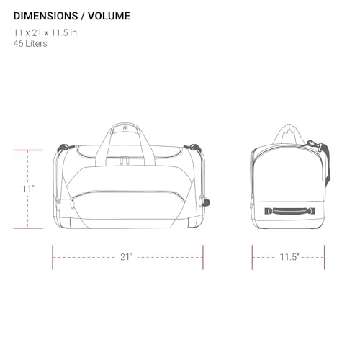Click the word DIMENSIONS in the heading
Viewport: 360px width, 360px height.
click(45, 16)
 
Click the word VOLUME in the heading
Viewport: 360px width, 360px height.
click(109, 16)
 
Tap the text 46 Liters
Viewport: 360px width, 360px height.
click(30, 44)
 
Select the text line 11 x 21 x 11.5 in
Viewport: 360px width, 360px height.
click(45, 32)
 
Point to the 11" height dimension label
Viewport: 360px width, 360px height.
click(28, 189)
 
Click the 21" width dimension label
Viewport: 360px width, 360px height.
click(127, 257)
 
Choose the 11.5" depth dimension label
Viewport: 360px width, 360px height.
click(289, 257)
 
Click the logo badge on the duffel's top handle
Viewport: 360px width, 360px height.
click(125, 128)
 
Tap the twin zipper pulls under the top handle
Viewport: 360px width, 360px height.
click(125, 161)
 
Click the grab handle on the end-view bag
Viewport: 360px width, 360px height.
click(290, 211)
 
